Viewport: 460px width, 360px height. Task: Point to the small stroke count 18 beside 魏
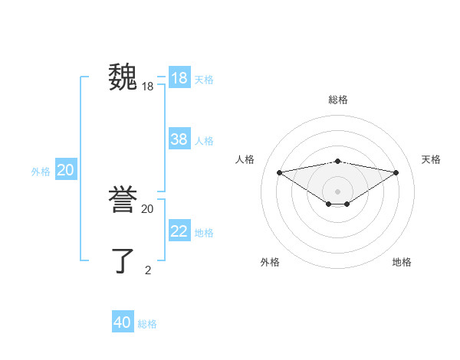[x=148, y=87]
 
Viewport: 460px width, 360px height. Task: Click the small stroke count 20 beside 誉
[x=148, y=208]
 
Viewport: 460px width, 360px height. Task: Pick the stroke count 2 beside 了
[x=148, y=270]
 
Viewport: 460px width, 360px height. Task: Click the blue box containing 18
[x=179, y=78]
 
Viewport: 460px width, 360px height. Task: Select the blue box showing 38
[x=179, y=139]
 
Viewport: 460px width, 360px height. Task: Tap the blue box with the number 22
[x=179, y=231]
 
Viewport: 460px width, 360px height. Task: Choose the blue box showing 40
[x=123, y=322]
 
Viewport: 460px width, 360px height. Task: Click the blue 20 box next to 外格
[x=66, y=170]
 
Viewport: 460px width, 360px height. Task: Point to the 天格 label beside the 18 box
[x=204, y=79]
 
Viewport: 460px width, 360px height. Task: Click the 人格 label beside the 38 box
[x=204, y=140]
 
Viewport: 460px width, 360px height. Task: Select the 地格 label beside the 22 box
[x=204, y=232]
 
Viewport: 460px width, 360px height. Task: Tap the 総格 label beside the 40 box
[x=147, y=323]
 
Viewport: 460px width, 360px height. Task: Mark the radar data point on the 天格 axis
[x=396, y=172]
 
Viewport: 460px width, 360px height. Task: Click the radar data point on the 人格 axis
[x=279, y=172]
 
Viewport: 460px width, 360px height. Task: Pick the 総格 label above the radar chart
[x=338, y=100]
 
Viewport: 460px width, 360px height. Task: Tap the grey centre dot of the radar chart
[x=338, y=191]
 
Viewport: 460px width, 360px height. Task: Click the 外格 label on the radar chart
[x=270, y=262]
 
